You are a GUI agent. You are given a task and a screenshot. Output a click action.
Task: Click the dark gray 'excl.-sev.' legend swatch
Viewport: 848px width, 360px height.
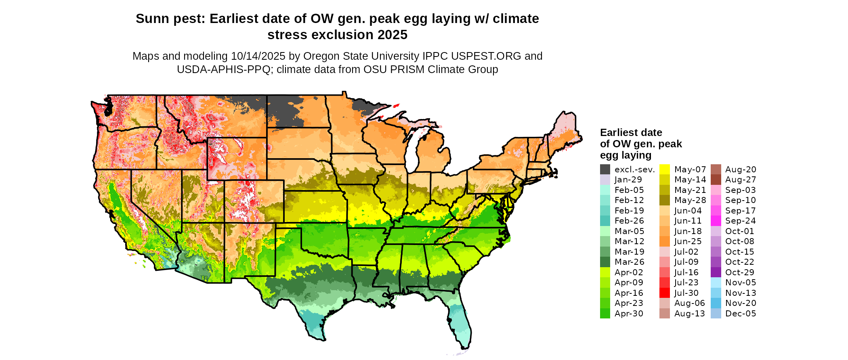click(x=605, y=170)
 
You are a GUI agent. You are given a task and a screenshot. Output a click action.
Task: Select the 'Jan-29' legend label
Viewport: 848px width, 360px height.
click(x=628, y=180)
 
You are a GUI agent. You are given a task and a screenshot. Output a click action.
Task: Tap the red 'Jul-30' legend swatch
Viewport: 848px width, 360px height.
click(x=665, y=293)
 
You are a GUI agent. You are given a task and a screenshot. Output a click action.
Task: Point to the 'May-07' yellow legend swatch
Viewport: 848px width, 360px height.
click(x=665, y=170)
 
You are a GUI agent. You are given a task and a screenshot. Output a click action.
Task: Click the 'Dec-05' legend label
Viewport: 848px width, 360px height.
click(x=740, y=314)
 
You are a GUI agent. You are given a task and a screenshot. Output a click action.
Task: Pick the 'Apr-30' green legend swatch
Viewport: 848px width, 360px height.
click(x=605, y=314)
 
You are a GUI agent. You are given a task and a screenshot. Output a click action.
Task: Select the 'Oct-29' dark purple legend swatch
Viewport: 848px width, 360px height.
click(x=716, y=272)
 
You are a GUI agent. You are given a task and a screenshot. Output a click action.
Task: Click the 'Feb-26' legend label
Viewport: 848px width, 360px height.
click(x=629, y=221)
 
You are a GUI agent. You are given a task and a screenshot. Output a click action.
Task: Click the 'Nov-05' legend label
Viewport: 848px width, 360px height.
click(x=740, y=283)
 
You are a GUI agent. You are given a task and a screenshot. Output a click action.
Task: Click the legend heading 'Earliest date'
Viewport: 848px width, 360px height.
click(x=631, y=133)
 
